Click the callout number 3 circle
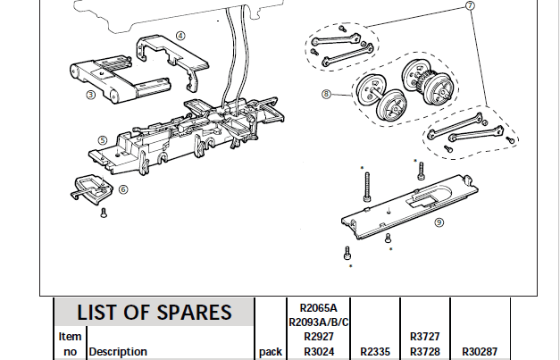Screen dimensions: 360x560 click(x=90, y=93)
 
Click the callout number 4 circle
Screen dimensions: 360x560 click(x=180, y=35)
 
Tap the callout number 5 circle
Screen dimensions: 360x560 click(x=103, y=139)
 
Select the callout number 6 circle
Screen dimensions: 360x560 click(x=123, y=188)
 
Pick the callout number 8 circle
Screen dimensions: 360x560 click(x=326, y=93)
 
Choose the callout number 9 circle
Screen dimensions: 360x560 click(x=439, y=222)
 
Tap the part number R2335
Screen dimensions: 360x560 click(x=373, y=352)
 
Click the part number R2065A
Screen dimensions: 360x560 click(x=319, y=306)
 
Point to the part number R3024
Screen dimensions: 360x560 click(x=319, y=352)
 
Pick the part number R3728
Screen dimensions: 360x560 click(x=425, y=352)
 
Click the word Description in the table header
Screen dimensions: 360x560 click(x=117, y=352)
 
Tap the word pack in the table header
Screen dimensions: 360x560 click(x=270, y=352)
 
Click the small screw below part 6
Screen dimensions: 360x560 click(x=104, y=212)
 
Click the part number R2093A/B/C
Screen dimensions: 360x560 click(x=319, y=322)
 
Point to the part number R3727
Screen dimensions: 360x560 click(x=425, y=337)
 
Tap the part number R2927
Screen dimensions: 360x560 click(x=319, y=337)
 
